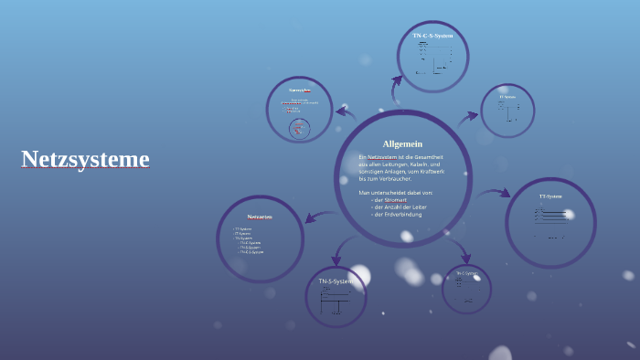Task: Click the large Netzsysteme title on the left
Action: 85,160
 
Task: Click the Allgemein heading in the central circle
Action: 402,143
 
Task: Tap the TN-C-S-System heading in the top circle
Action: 432,36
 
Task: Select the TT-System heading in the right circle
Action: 550,196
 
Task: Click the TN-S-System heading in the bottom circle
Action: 335,281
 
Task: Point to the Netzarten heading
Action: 260,217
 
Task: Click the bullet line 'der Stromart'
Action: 390,199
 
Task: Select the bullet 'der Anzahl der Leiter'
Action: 400,206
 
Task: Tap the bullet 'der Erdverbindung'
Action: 398,214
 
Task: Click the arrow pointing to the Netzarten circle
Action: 316,217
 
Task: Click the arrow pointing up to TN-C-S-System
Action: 396,90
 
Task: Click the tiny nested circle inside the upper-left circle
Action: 299,129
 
